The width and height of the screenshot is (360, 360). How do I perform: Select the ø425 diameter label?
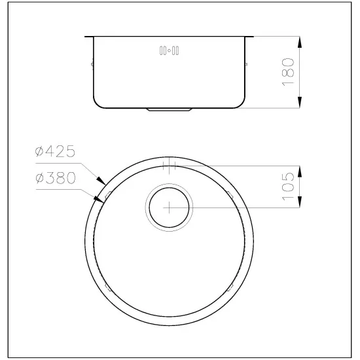pos(56,153)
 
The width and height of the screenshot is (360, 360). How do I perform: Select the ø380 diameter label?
pos(56,177)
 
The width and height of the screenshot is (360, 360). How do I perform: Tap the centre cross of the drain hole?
pos(168,207)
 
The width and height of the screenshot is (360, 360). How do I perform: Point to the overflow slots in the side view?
pos(170,50)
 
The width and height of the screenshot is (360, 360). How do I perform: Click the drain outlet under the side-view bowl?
pos(169,109)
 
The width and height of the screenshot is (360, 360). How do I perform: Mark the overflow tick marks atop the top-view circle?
pos(168,165)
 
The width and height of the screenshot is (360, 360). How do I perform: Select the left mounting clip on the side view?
pos(92,64)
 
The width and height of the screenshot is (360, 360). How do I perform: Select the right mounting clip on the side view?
pos(246,64)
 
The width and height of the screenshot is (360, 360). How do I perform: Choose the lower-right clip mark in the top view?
pos(230,286)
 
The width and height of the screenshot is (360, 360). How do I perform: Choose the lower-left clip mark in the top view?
pos(107,286)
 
